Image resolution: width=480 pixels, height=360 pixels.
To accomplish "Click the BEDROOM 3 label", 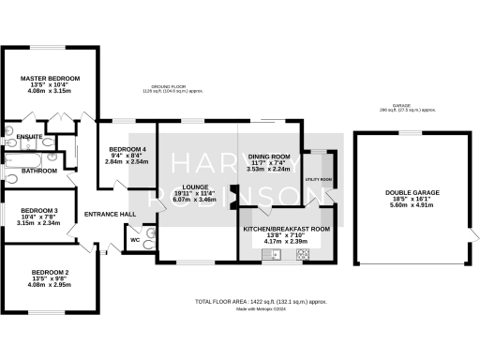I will click(x=39, y=210).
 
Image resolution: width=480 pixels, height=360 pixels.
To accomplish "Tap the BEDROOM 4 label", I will click(x=127, y=150).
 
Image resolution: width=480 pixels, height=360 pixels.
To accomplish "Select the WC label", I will click(x=135, y=239).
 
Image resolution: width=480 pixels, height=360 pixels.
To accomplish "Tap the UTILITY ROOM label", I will click(x=319, y=178).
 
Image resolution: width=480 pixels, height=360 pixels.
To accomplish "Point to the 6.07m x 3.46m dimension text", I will click(x=194, y=201).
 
